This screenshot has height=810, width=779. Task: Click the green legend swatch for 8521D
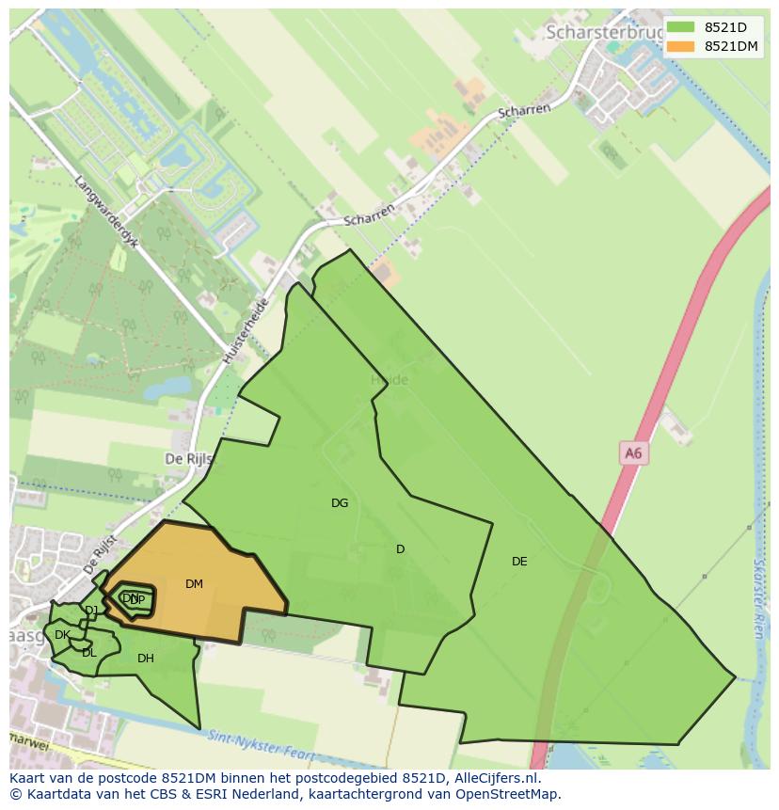pyautogui.click(x=680, y=27)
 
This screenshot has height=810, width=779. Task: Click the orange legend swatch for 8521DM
pyautogui.click(x=680, y=46)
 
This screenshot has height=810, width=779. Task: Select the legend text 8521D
pyautogui.click(x=724, y=27)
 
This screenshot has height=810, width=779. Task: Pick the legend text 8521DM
pyautogui.click(x=731, y=46)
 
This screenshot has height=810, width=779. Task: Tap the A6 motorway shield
pyautogui.click(x=633, y=453)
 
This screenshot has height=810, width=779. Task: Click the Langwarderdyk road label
pyautogui.click(x=106, y=211)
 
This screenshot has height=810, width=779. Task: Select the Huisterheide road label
pyautogui.click(x=246, y=331)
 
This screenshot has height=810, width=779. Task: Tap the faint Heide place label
pyautogui.click(x=389, y=380)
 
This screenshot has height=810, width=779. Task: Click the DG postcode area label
pyautogui.click(x=340, y=503)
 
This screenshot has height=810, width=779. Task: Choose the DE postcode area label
pyautogui.click(x=519, y=562)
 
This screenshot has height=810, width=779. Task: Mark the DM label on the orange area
pyautogui.click(x=194, y=584)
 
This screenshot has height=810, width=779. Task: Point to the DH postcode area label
pyautogui.click(x=145, y=659)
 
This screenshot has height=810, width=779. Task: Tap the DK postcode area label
pyautogui.click(x=62, y=635)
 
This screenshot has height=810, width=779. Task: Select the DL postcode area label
pyautogui.click(x=88, y=653)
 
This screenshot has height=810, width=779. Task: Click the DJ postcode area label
pyautogui.click(x=91, y=611)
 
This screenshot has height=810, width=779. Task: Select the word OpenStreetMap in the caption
pyautogui.click(x=499, y=794)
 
